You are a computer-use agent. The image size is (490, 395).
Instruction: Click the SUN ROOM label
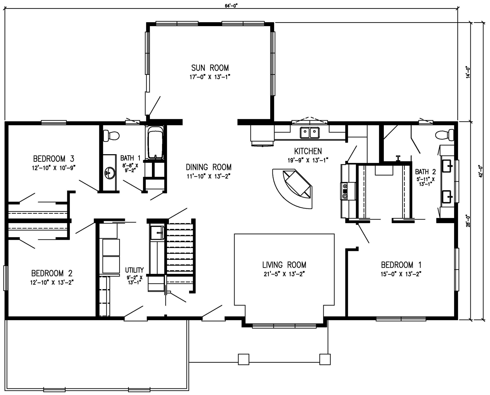[x=210, y=68]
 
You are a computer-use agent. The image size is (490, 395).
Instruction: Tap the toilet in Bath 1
[x=111, y=135]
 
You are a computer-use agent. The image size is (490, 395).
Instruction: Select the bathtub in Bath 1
[x=155, y=143]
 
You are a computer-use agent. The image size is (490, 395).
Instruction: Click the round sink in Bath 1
[x=110, y=173]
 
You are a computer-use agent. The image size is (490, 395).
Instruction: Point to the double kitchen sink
[x=310, y=133]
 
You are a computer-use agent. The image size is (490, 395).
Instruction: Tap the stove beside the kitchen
[x=345, y=191]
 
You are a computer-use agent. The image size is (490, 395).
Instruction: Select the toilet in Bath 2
[x=446, y=135]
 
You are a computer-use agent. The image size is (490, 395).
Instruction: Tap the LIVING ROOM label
[x=284, y=265]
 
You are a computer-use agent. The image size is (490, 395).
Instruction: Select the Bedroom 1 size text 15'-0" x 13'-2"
[x=401, y=274]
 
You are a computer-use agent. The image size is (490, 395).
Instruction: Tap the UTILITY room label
[x=134, y=270]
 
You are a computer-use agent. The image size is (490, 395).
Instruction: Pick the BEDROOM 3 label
[x=54, y=159]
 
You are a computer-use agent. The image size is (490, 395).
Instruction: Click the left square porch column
[x=243, y=359]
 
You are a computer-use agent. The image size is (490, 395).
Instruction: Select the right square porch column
[x=325, y=359]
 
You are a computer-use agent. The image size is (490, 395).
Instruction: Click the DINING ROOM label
[x=208, y=167]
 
